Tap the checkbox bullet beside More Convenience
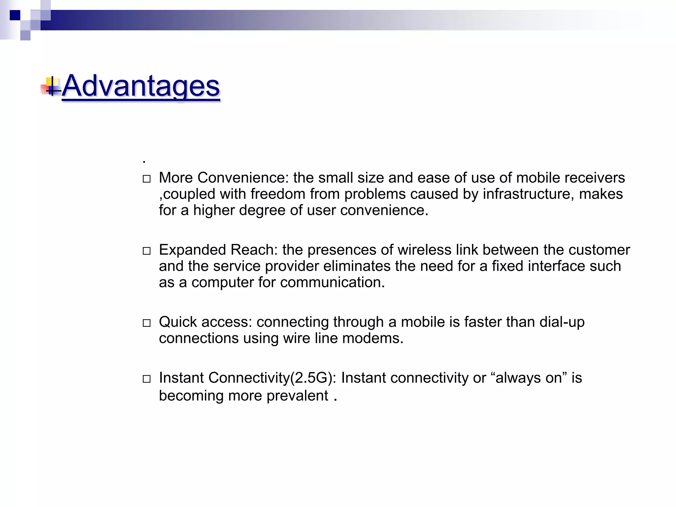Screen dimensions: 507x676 (x=147, y=179)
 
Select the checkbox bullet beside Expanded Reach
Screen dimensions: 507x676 (x=147, y=251)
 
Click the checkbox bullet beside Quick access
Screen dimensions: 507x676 (x=147, y=323)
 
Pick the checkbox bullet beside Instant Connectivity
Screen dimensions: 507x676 (x=147, y=379)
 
